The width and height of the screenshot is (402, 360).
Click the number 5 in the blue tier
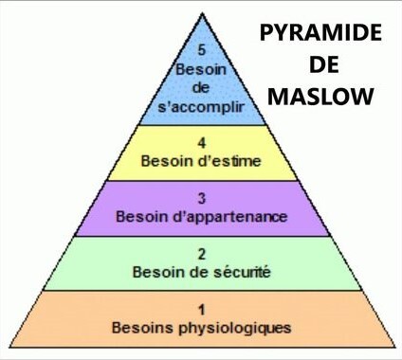tap(202, 50)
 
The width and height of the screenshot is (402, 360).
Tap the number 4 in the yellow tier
tap(202, 143)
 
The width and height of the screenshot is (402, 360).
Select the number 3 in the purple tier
tap(202, 199)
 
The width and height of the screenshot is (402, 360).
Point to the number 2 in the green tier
tap(202, 254)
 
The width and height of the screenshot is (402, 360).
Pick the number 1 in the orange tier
tap(202, 310)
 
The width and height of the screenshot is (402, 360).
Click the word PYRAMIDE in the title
tap(320, 33)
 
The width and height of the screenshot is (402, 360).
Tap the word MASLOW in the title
tap(320, 97)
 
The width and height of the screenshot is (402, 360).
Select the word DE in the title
tap(324, 64)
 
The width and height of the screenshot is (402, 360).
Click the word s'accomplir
tap(201, 107)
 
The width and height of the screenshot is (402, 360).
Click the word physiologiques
tap(235, 328)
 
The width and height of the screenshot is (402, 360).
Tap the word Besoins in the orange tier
tap(142, 328)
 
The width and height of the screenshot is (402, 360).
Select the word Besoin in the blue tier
tap(201, 69)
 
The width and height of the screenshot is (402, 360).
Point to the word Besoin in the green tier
tap(157, 272)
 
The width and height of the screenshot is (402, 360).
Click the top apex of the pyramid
tap(202, 13)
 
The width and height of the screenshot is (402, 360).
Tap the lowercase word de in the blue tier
tap(201, 88)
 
